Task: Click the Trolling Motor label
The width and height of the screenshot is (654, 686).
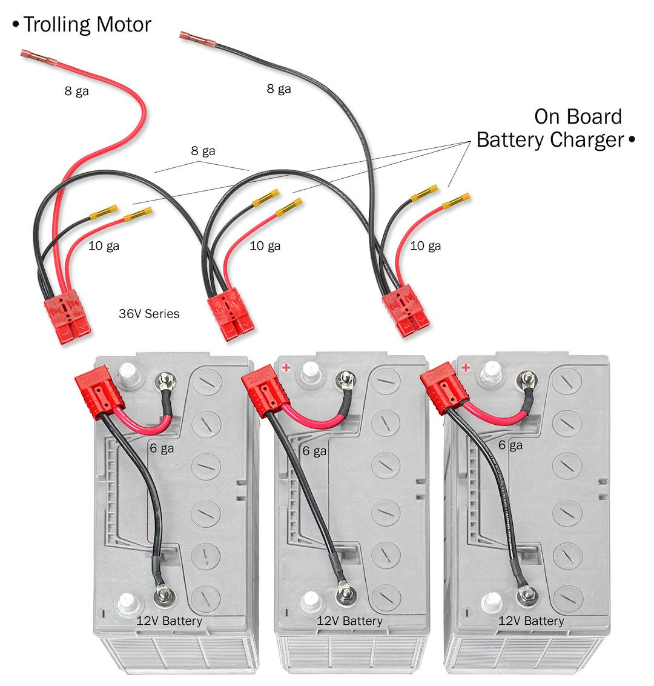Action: click(x=87, y=25)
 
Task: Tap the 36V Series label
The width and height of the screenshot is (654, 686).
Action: click(x=149, y=314)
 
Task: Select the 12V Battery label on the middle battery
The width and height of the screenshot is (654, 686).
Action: click(x=349, y=621)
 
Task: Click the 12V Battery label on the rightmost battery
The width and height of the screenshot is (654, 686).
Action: click(x=530, y=621)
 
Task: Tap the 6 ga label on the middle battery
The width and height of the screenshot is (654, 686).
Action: click(x=314, y=451)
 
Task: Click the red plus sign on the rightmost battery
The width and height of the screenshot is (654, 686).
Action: click(x=466, y=367)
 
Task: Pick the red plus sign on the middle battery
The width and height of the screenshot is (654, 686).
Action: click(x=286, y=368)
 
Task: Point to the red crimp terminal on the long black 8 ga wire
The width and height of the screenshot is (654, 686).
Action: click(x=197, y=39)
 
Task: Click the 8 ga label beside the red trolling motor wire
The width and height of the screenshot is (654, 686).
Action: click(x=77, y=92)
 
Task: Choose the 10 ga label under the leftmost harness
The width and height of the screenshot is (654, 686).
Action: click(x=104, y=245)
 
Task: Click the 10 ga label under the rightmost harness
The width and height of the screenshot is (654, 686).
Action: click(x=425, y=245)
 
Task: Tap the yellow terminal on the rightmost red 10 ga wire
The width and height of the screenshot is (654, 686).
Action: click(x=457, y=200)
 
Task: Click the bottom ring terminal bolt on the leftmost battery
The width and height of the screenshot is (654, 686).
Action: click(x=163, y=596)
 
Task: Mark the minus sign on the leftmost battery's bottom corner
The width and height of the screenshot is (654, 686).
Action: click(x=107, y=611)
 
